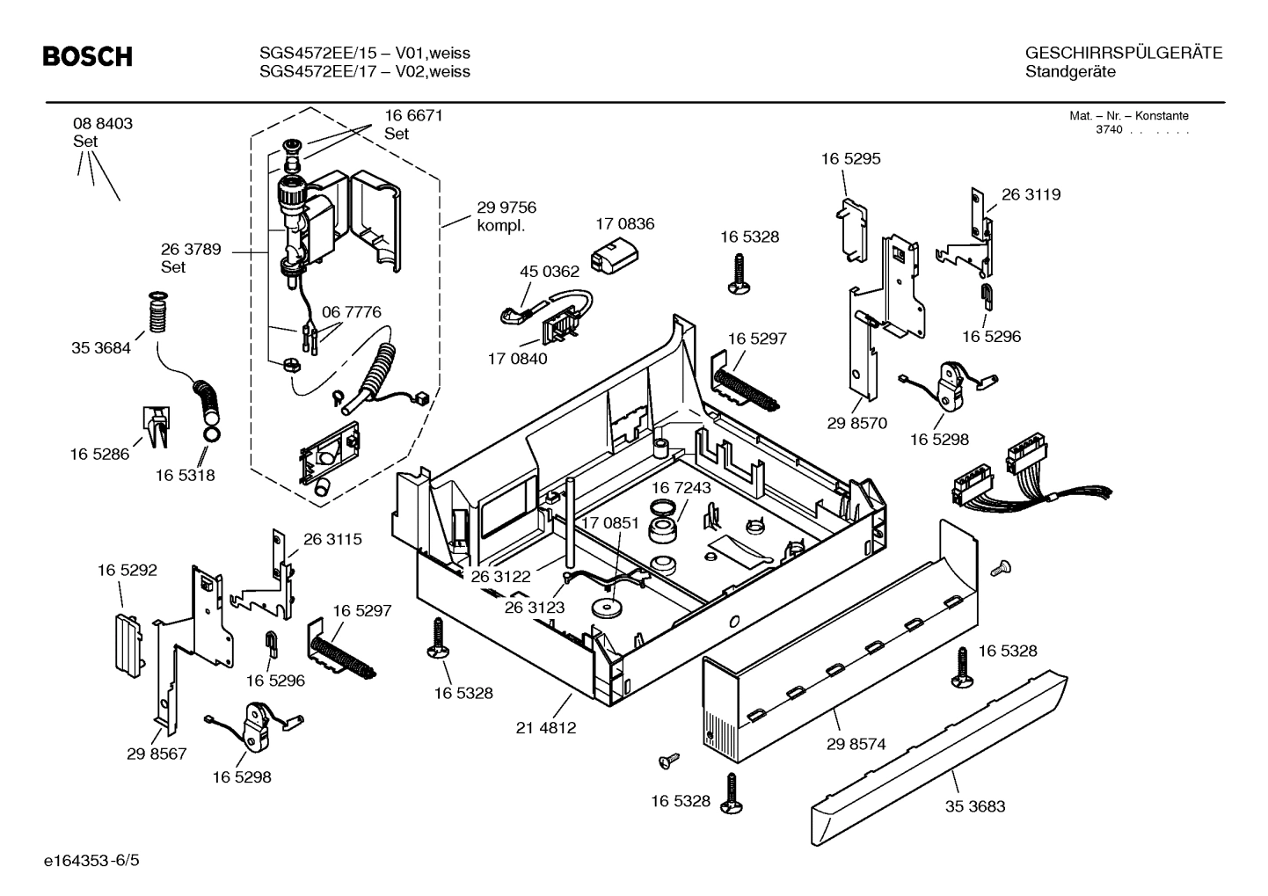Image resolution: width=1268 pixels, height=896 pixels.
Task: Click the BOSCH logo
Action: tap(88, 57)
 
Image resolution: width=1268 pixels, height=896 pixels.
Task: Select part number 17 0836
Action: tap(624, 224)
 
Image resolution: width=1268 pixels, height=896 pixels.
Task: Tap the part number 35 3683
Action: tap(975, 806)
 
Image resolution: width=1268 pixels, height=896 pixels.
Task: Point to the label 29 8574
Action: tap(856, 744)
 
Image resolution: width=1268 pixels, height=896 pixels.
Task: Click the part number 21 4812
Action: tap(546, 728)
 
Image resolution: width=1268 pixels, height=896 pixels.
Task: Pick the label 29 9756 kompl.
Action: tap(506, 216)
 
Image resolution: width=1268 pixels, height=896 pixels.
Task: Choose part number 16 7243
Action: tap(681, 487)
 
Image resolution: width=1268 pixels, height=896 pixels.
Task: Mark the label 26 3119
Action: tap(1031, 194)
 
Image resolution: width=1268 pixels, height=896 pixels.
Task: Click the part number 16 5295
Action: tap(850, 159)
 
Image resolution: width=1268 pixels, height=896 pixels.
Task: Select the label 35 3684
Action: tap(100, 348)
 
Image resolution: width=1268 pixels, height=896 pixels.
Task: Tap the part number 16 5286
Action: tap(99, 454)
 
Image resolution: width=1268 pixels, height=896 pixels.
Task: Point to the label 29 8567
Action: tap(157, 754)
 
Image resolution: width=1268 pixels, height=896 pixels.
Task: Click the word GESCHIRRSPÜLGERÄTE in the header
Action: tap(1123, 53)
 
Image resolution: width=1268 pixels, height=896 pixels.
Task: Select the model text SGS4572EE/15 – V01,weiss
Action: tap(364, 53)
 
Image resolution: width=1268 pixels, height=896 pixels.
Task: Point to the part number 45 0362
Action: tap(550, 273)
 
